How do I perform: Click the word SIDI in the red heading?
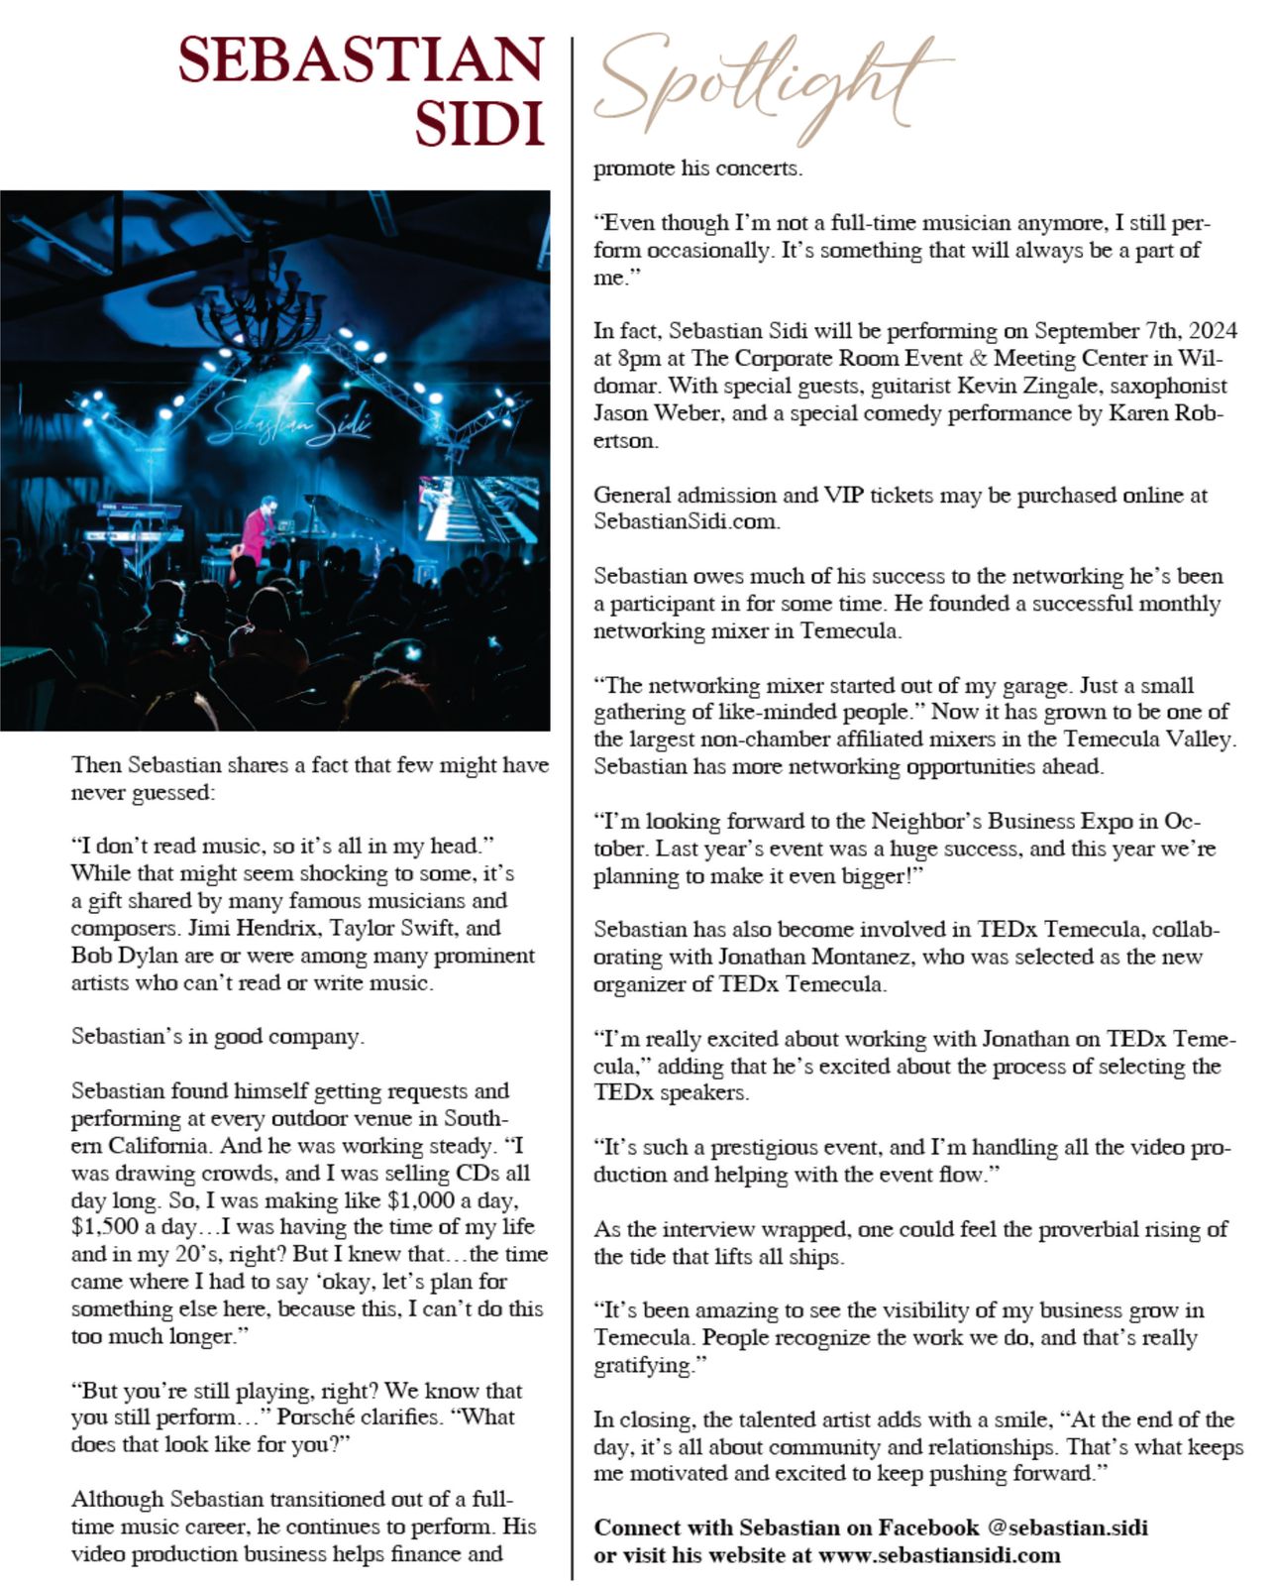click(x=479, y=124)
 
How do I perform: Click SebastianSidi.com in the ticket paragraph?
click(x=686, y=521)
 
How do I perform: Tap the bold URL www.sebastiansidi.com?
click(x=939, y=1555)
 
